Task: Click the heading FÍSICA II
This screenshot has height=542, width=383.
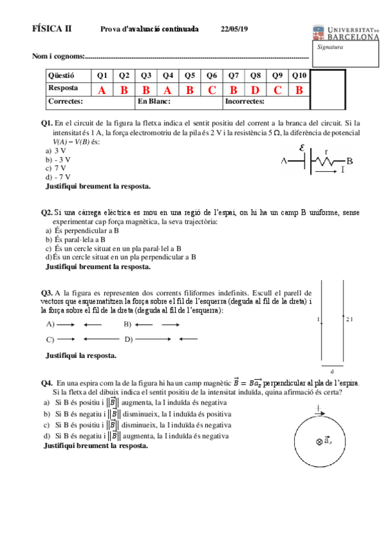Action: pyautogui.click(x=52, y=29)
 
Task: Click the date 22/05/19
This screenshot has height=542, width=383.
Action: pyautogui.click(x=234, y=29)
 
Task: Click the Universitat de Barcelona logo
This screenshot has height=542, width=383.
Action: pyautogui.click(x=346, y=33)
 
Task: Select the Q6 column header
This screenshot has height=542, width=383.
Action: pyautogui.click(x=212, y=76)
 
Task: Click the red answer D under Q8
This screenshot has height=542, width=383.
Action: pyautogui.click(x=255, y=90)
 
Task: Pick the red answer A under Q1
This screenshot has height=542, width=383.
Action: pyautogui.click(x=102, y=90)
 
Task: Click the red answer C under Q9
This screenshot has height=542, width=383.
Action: pyautogui.click(x=277, y=90)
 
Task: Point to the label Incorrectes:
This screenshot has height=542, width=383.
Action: pyautogui.click(x=245, y=102)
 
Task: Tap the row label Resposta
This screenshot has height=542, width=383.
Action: pyautogui.click(x=64, y=88)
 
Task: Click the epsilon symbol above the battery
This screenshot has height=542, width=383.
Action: pyautogui.click(x=302, y=147)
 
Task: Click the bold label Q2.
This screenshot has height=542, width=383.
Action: pyautogui.click(x=47, y=212)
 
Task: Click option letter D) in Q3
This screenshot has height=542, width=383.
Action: pyautogui.click(x=129, y=339)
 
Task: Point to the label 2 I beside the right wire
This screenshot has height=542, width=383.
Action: pyautogui.click(x=349, y=318)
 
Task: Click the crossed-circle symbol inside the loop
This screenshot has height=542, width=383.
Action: pyautogui.click(x=318, y=442)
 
